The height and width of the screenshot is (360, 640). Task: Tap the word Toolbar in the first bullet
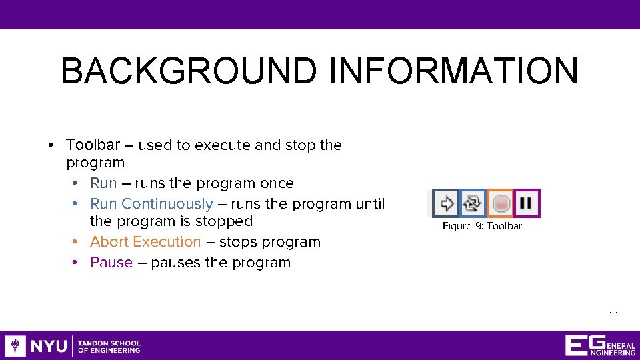click(x=93, y=145)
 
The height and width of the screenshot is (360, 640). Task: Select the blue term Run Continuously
click(x=151, y=203)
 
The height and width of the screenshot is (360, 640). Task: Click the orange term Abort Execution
click(x=145, y=241)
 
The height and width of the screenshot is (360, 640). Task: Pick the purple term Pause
click(x=111, y=262)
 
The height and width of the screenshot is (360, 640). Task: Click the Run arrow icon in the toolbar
click(x=446, y=203)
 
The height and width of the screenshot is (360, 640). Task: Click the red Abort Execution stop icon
click(x=501, y=203)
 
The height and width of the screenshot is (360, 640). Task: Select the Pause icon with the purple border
click(x=527, y=203)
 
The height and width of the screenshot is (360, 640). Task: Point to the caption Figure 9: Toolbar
click(x=482, y=226)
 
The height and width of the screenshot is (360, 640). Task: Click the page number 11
click(x=613, y=315)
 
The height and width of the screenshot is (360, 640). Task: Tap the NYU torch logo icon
click(x=15, y=346)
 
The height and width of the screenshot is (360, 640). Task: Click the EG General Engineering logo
click(x=599, y=346)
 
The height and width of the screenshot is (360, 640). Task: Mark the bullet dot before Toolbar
click(x=51, y=145)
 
